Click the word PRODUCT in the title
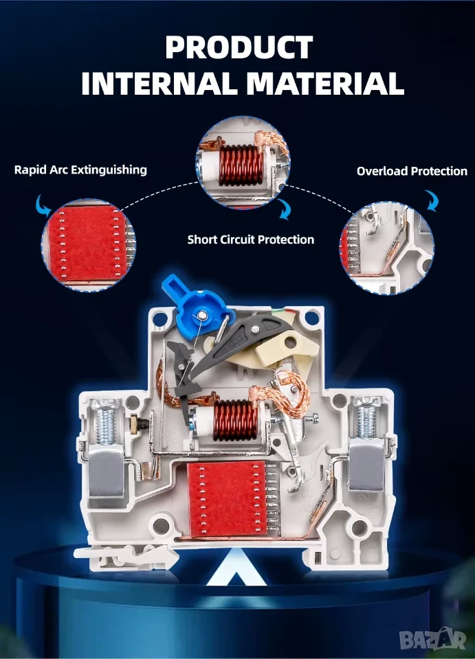[239, 47]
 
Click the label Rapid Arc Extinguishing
[81, 170]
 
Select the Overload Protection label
[412, 171]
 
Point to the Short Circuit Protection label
[251, 240]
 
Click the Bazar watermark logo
[433, 639]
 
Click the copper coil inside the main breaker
[235, 420]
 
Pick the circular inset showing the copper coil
[243, 163]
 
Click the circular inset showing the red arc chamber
[89, 244]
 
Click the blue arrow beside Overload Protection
[432, 200]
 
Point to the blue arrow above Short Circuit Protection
[285, 209]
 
